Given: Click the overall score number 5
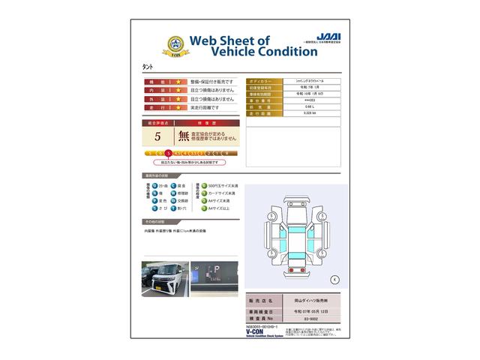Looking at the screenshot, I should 157,136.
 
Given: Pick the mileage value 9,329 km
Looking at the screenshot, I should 309,113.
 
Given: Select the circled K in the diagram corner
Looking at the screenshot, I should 334,279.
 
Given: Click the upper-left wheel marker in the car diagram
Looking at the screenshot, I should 270,216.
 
